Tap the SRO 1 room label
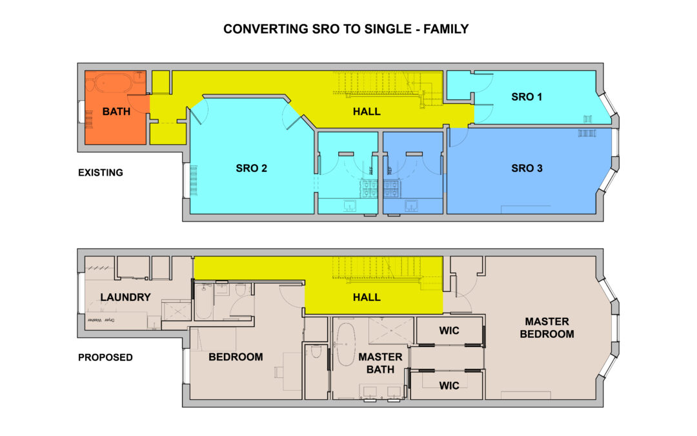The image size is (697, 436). click(527, 97)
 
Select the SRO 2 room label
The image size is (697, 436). click(252, 169)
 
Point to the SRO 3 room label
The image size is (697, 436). click(527, 169)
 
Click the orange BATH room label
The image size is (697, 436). click(116, 112)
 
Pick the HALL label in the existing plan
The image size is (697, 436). click(367, 112)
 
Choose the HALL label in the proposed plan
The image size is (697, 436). click(367, 298)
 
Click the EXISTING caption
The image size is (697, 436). click(100, 173)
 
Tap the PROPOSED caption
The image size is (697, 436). click(105, 358)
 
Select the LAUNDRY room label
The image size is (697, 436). click(125, 298)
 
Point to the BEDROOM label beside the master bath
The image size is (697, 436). click(235, 357)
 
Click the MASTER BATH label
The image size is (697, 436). click(381, 362)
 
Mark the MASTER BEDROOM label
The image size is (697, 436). click(547, 327)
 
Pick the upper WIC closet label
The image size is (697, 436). click(449, 331)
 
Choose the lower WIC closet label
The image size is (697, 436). click(449, 386)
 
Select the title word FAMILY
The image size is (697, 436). click(444, 30)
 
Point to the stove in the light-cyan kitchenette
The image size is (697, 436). click(369, 188)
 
